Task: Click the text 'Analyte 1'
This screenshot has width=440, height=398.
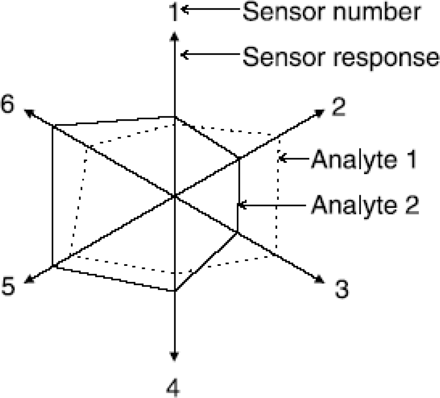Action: point(364,159)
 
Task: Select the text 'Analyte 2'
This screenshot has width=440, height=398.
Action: point(365,205)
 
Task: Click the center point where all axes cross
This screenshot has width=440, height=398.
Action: point(174,196)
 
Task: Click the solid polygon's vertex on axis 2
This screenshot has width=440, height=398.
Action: point(239,159)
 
